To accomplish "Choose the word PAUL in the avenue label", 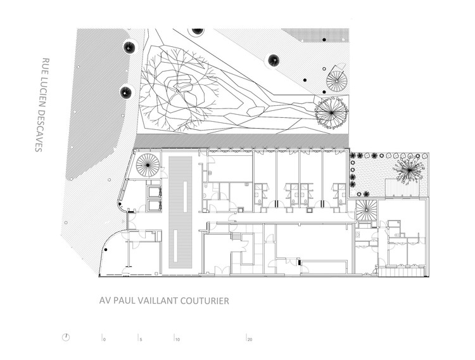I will pyautogui.click(x=123, y=301).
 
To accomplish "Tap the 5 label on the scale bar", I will pyautogui.click(x=141, y=340).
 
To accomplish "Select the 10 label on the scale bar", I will pyautogui.click(x=178, y=340).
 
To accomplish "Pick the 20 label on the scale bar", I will pyautogui.click(x=250, y=340).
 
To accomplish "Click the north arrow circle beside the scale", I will pyautogui.click(x=66, y=337).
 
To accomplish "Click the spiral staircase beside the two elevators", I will pyautogui.click(x=148, y=167).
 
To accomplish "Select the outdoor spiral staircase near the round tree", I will pyautogui.click(x=337, y=80).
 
